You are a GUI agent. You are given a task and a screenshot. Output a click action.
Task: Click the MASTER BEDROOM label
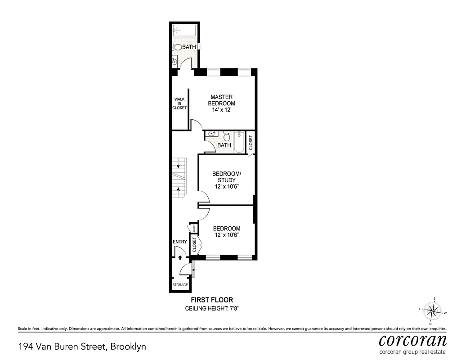pos(221,100)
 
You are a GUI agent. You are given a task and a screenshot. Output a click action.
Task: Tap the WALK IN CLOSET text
pos(179,103)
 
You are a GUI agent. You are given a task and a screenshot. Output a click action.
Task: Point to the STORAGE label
pos(180,285)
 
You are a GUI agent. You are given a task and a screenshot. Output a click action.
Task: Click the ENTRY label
pos(180,242)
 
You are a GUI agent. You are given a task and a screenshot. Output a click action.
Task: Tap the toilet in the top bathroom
pos(178,47)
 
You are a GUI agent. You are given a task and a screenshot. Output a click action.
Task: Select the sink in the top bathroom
pos(174,61)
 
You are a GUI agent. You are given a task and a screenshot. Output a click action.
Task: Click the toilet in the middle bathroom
pos(228,136)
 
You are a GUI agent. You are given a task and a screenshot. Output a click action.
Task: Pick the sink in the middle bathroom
pos(211,134)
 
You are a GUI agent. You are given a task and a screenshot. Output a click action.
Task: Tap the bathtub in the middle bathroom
pos(239,142)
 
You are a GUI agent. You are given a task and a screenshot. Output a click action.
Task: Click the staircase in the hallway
pos(179,178)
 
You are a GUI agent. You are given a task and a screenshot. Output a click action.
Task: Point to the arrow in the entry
pos(180,258)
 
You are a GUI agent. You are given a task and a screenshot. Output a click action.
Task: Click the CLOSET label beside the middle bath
pos(251,143)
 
